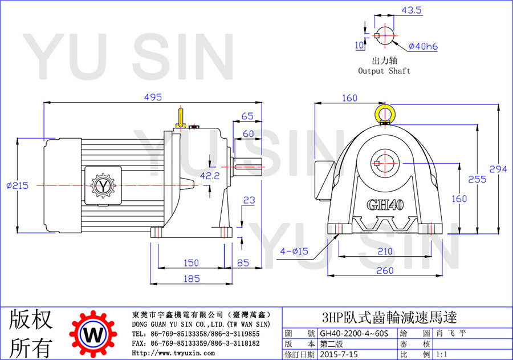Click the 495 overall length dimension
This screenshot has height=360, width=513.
click(153, 98)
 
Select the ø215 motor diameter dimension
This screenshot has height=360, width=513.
click(17, 185)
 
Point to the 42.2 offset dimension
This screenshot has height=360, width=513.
click(210, 176)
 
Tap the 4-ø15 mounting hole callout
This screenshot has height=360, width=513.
click(294, 251)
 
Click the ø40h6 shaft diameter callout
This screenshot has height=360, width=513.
click(423, 46)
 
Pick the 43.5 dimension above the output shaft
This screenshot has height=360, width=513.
click(412, 10)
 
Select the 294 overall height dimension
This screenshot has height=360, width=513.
click(498, 169)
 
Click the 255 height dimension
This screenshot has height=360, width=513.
click(477, 179)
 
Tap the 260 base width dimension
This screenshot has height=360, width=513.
click(385, 270)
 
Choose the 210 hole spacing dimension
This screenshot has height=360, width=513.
click(385, 251)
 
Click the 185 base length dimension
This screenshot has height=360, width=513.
click(192, 279)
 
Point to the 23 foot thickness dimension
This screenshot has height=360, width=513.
click(249, 200)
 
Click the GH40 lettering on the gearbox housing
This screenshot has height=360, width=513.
click(385, 205)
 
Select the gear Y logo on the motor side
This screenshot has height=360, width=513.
click(103, 186)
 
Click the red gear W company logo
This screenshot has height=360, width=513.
click(93, 334)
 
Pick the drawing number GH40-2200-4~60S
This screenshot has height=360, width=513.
click(353, 333)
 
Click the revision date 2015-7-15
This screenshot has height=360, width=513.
click(339, 354)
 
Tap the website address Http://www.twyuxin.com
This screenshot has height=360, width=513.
click(173, 353)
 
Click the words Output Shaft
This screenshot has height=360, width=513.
click(384, 71)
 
